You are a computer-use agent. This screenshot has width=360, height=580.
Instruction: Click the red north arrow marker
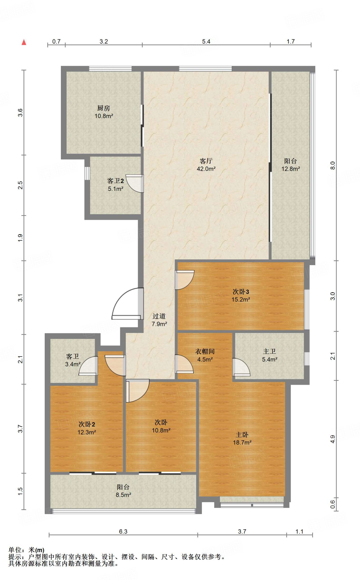point(24,42)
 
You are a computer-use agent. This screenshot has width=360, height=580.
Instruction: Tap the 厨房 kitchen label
point(104,112)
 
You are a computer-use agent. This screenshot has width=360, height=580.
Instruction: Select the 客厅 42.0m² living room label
point(206,165)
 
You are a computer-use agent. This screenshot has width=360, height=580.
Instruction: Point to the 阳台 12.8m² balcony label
point(291,165)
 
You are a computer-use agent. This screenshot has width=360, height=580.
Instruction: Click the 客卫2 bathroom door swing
point(135,184)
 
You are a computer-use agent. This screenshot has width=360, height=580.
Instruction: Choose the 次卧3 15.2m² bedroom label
point(241,295)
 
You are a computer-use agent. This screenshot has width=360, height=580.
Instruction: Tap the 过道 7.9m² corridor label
point(159,320)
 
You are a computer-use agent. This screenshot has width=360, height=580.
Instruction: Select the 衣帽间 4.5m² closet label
point(205,355)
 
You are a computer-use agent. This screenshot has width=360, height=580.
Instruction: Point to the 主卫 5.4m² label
point(269,355)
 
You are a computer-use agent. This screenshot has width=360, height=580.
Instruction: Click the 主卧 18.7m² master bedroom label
point(242,438)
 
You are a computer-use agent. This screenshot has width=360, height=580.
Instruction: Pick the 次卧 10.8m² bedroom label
point(161,426)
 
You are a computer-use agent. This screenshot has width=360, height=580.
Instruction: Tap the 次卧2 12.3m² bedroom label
point(87,428)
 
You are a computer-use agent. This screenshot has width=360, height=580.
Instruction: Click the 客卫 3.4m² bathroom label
point(73,360)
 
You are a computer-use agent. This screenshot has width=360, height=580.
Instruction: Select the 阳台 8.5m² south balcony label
point(123,491)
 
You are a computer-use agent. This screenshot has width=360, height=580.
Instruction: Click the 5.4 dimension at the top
point(206,41)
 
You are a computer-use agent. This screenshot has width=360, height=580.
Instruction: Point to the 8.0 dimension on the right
point(333,165)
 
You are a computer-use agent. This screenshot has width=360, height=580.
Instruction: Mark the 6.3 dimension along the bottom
point(123,531)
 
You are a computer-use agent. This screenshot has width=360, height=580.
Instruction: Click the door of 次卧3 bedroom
point(184,280)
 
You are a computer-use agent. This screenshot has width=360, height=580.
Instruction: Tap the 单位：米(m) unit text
point(26,550)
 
